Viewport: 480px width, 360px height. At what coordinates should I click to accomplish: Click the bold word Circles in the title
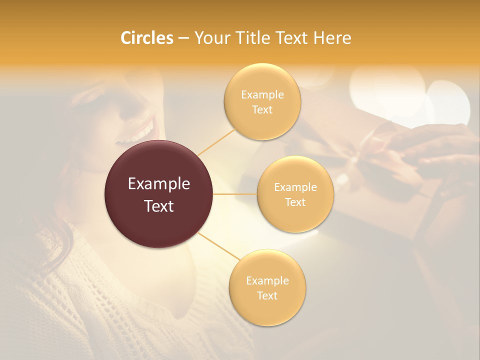(x=146, y=38)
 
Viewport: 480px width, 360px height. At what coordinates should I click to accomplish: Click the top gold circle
(x=262, y=101)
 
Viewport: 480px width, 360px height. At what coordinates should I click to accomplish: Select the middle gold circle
(x=295, y=194)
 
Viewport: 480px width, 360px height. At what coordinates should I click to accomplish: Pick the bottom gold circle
(x=267, y=288)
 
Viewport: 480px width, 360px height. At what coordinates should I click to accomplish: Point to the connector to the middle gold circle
(x=235, y=194)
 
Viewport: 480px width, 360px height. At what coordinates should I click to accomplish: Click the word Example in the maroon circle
(x=159, y=184)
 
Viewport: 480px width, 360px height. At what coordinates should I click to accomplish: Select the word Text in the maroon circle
(x=159, y=206)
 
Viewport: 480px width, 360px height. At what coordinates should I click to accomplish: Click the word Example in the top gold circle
(x=262, y=94)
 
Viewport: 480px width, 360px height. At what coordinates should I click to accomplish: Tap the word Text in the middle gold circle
(x=295, y=202)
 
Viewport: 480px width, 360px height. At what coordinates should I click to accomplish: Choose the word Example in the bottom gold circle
(x=267, y=280)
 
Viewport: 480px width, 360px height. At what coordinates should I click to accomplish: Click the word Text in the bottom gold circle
(x=267, y=295)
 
